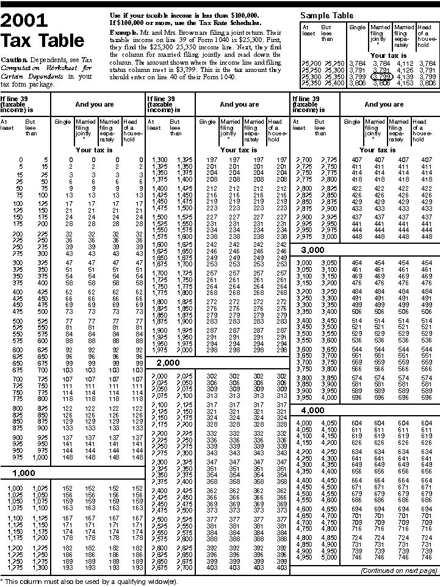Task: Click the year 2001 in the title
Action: pyautogui.click(x=24, y=22)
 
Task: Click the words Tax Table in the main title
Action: pyautogui.click(x=43, y=41)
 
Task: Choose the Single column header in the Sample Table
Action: pyautogui.click(x=357, y=27)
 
